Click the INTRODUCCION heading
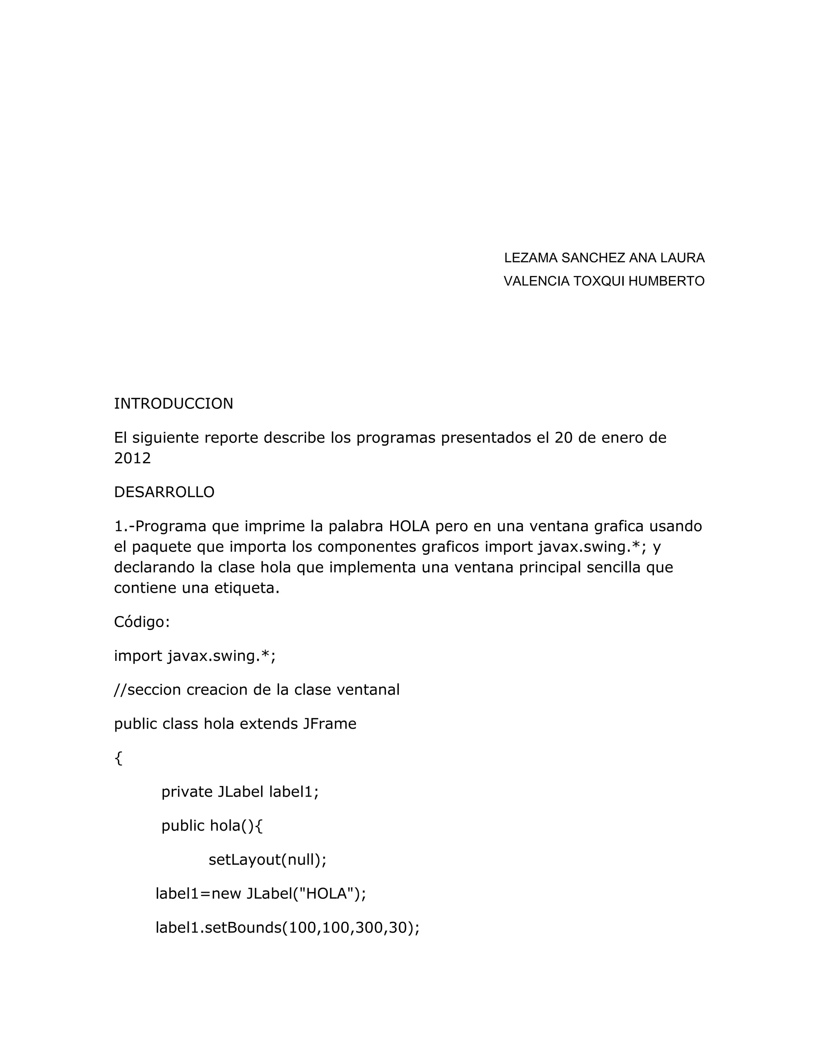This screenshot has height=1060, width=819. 173,403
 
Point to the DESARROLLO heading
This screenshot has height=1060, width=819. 164,492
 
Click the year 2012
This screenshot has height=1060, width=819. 132,458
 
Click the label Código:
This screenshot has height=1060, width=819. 142,622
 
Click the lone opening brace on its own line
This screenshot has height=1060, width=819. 118,758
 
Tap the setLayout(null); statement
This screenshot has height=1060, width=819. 268,860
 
